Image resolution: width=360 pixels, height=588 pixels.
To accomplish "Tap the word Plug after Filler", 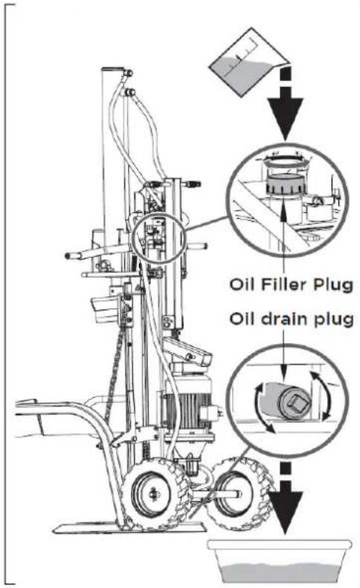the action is [333, 286].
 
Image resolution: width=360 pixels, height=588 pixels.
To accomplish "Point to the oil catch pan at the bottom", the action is [280, 561].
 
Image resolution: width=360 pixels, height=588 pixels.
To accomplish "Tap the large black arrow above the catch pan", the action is [286, 498].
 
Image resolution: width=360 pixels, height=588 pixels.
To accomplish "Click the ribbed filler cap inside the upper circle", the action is [284, 184].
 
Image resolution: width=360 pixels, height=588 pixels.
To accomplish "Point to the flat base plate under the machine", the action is [129, 528].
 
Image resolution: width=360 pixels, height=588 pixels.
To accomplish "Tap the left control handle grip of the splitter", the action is [73, 256].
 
